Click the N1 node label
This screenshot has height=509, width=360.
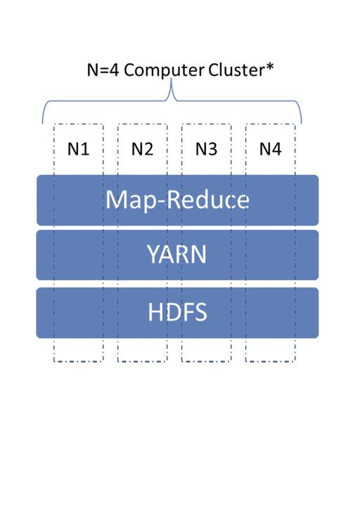tap(78, 149)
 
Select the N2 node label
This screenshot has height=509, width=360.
tap(142, 149)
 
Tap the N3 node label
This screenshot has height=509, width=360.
tap(206, 149)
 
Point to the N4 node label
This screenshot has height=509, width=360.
tap(270, 149)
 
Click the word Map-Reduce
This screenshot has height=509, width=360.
tap(178, 200)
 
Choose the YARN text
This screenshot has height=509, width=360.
tap(177, 254)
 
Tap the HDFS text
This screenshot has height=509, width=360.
tap(177, 312)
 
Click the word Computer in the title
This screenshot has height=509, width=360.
tap(164, 70)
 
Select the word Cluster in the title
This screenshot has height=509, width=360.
tap(237, 70)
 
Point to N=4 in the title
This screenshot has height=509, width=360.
tap(103, 70)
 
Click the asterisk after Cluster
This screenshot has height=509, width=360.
tap(270, 67)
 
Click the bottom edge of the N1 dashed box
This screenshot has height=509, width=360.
tap(79, 361)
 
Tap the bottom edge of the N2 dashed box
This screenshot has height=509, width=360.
tap(143, 361)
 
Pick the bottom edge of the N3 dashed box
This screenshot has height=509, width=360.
tap(207, 361)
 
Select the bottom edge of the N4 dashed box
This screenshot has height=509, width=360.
tap(271, 361)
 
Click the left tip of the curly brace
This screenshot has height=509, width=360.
tap(42, 124)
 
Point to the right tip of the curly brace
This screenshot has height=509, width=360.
tap(302, 124)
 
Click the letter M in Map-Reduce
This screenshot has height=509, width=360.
tap(115, 199)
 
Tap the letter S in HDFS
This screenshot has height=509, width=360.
tap(201, 312)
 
